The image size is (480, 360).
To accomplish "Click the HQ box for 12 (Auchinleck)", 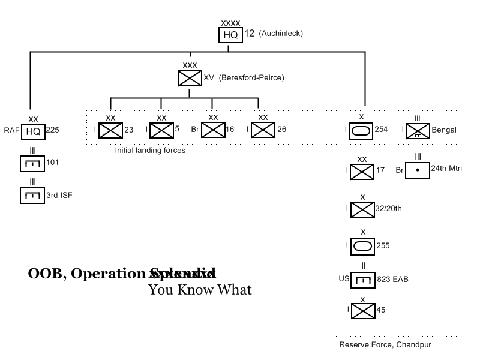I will [x=230, y=35].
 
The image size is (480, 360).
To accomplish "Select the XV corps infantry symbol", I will [x=190, y=78].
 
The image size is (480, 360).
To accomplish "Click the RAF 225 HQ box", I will [x=34, y=130].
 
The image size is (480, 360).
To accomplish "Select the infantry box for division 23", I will [x=110, y=130].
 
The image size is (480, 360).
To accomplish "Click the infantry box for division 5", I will [x=161, y=130].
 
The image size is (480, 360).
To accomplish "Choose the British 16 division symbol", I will [x=212, y=130].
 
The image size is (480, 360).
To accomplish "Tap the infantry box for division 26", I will [x=263, y=130].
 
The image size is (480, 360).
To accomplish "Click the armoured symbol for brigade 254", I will [x=361, y=130].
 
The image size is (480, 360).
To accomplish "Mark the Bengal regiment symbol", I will [x=418, y=131].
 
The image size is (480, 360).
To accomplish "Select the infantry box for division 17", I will [x=362, y=172].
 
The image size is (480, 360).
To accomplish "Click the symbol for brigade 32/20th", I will [x=362, y=209].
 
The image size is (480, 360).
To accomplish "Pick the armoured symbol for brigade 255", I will [x=362, y=245].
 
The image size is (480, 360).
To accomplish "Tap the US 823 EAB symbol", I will [x=364, y=278].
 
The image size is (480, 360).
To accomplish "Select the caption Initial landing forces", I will [x=150, y=151].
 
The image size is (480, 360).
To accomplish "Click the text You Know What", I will [x=200, y=290].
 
